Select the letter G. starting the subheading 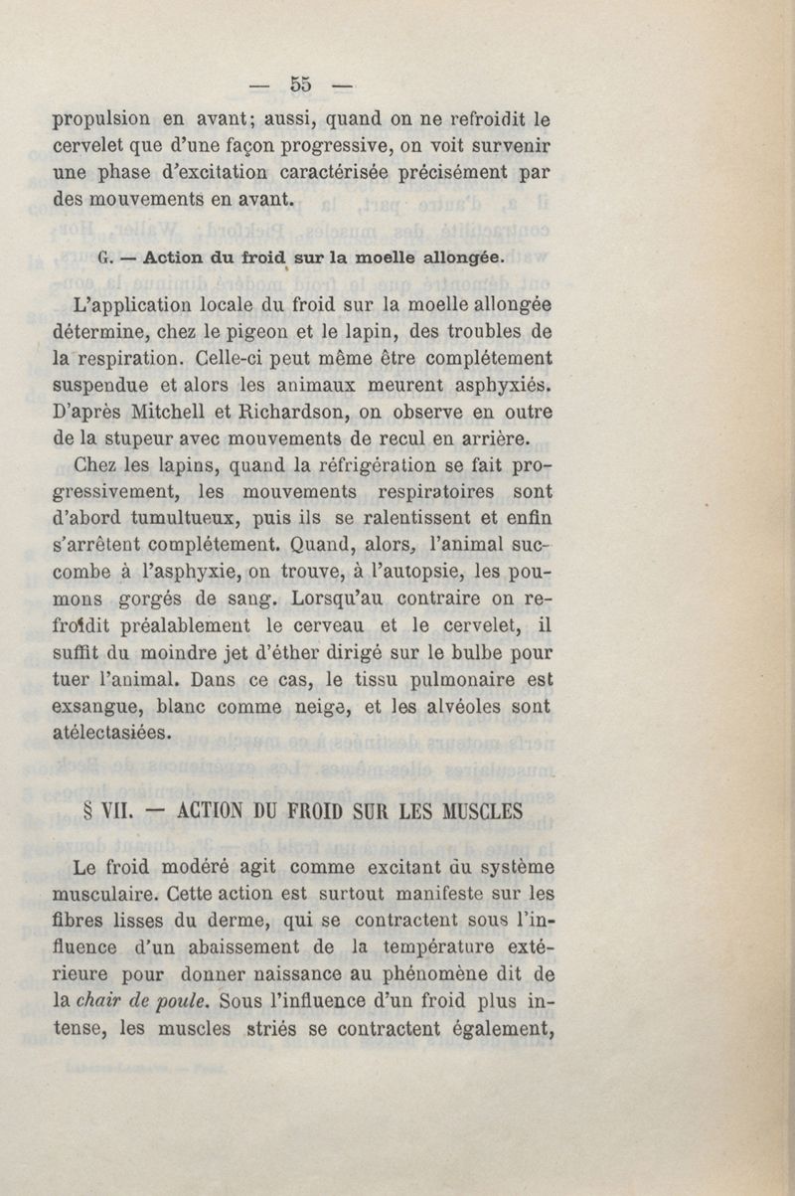(x=106, y=256)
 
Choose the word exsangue (x=97, y=707)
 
